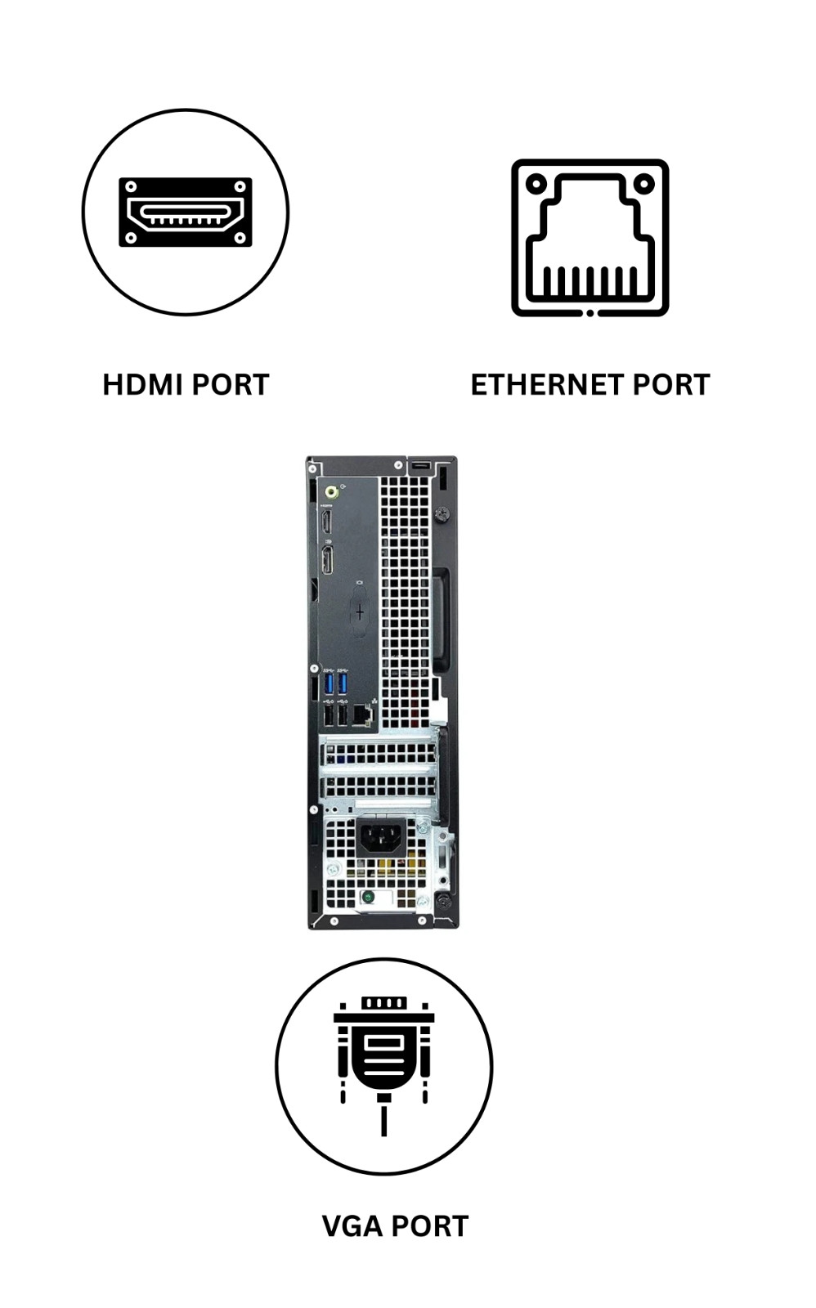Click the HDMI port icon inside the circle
coord(186,213)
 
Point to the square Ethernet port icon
coord(590,238)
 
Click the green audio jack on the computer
coord(332,492)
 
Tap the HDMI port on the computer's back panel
coord(326,522)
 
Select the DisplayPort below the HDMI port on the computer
coord(327,560)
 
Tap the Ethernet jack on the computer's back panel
coord(362,715)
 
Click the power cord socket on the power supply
coord(380,837)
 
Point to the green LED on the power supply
coord(369,897)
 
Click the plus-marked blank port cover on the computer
coord(359,611)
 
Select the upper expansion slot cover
coord(379,753)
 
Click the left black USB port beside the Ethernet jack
coord(329,715)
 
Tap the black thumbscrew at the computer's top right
coord(442,514)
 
